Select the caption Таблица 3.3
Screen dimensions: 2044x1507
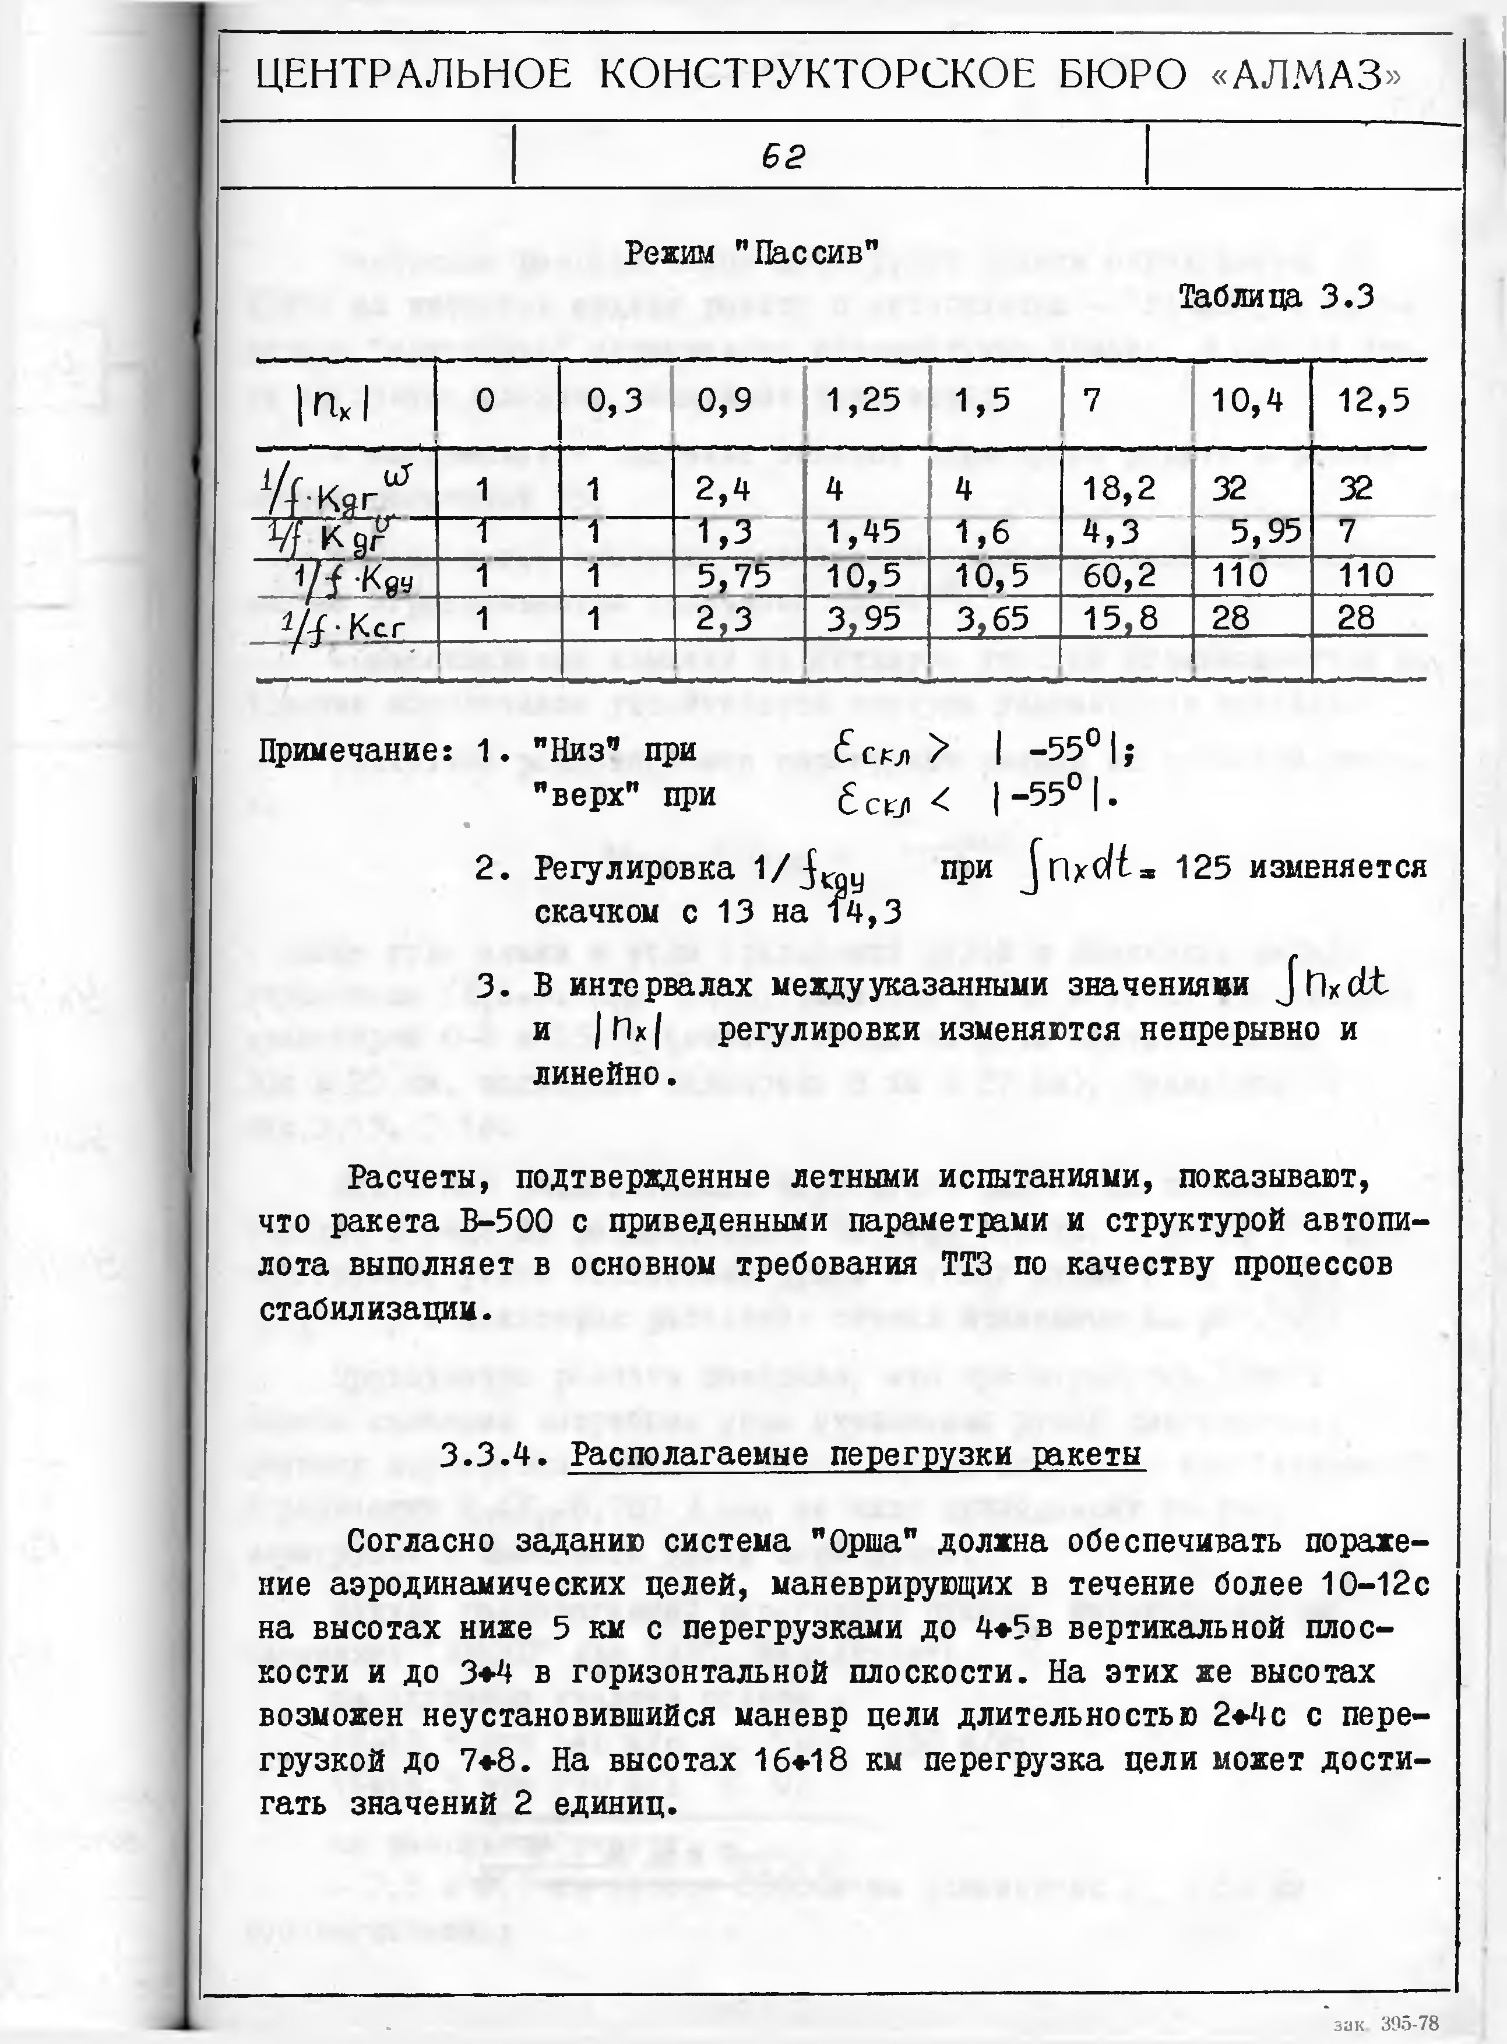click(x=1275, y=297)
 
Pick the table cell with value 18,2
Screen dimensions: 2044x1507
click(x=1119, y=490)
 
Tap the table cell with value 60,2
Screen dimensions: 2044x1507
click(x=1119, y=575)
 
